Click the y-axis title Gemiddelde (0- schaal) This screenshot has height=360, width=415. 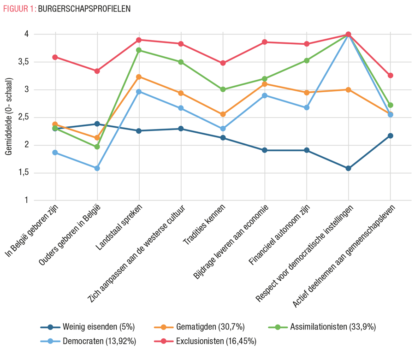coord(9,117)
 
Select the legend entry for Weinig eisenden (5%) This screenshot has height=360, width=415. coord(88,327)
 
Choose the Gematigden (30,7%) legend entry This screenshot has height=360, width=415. coord(203,327)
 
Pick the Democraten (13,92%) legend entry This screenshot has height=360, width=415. coord(88,342)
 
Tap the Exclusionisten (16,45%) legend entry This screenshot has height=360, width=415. coord(207,342)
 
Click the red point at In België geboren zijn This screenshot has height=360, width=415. coord(55,57)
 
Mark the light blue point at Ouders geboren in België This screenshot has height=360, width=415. coord(97,168)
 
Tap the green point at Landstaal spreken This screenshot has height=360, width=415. coord(139,50)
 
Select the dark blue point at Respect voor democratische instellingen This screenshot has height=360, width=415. coord(348,168)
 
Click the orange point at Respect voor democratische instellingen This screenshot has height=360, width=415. coord(348,90)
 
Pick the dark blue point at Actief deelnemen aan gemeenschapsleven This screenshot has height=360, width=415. coord(390,136)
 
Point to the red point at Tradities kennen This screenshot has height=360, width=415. coord(223,63)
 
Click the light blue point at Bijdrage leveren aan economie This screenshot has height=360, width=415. coord(265,95)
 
